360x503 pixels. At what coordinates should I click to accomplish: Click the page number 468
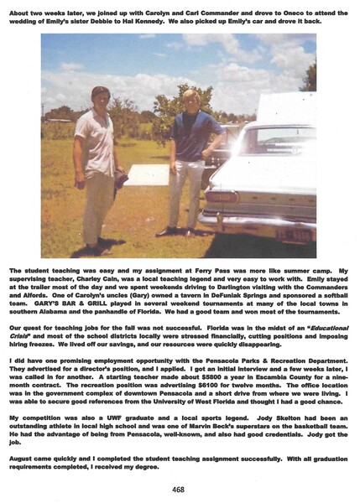tap(179, 490)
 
